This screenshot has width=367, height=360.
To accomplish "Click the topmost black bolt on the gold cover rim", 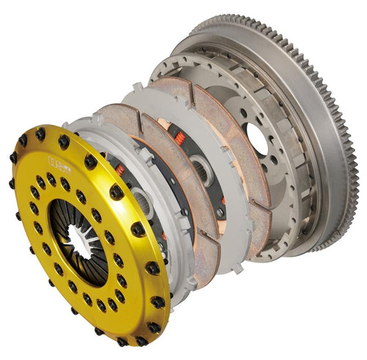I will tap(40, 134).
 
